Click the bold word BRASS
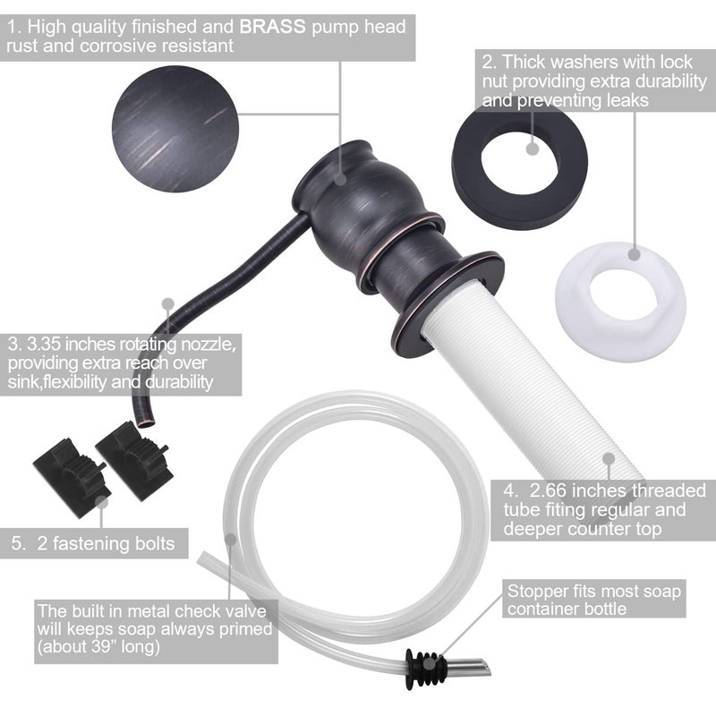click(x=273, y=27)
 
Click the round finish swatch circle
click(x=175, y=129)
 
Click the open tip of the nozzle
click(x=146, y=423)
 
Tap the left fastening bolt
click(x=71, y=477)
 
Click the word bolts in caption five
click(x=155, y=543)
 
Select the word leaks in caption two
click(x=628, y=100)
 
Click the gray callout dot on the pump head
click(x=340, y=179)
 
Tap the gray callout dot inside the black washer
click(x=533, y=149)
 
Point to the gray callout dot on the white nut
click(x=634, y=254)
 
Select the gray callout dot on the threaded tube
click(x=609, y=459)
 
